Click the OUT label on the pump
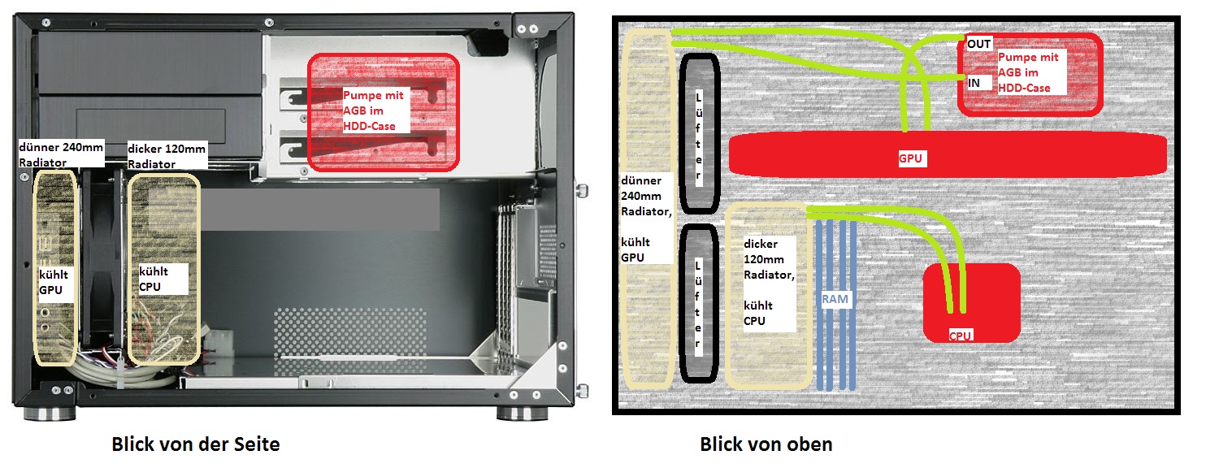coord(978,44)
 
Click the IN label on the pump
coord(974,83)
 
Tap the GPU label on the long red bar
coord(910,158)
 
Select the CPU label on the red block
coord(960,336)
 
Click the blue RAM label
coord(835,299)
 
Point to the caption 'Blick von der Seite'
coord(196,444)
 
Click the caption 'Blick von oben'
coord(766,444)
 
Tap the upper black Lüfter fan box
coord(699,134)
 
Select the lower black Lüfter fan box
coord(698,303)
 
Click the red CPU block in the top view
coord(971,303)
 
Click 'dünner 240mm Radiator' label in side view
coord(61,154)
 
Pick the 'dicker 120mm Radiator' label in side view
coord(167,156)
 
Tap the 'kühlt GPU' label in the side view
coord(54,282)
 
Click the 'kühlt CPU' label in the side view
coord(154,279)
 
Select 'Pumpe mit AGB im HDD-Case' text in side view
coord(373,110)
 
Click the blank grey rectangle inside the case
coord(320,210)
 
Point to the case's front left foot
coord(50,413)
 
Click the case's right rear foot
coord(522,413)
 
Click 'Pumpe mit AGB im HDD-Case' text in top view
coord(1028,72)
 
